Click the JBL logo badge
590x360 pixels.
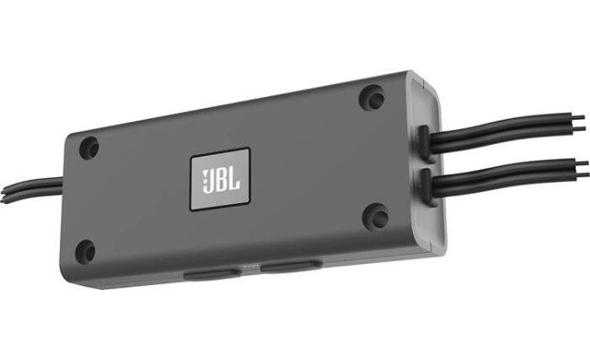click(x=220, y=178)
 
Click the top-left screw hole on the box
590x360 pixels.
click(x=89, y=148)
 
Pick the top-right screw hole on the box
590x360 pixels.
click(x=372, y=98)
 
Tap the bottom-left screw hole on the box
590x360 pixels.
click(x=86, y=250)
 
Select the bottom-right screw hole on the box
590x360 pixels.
click(x=375, y=217)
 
